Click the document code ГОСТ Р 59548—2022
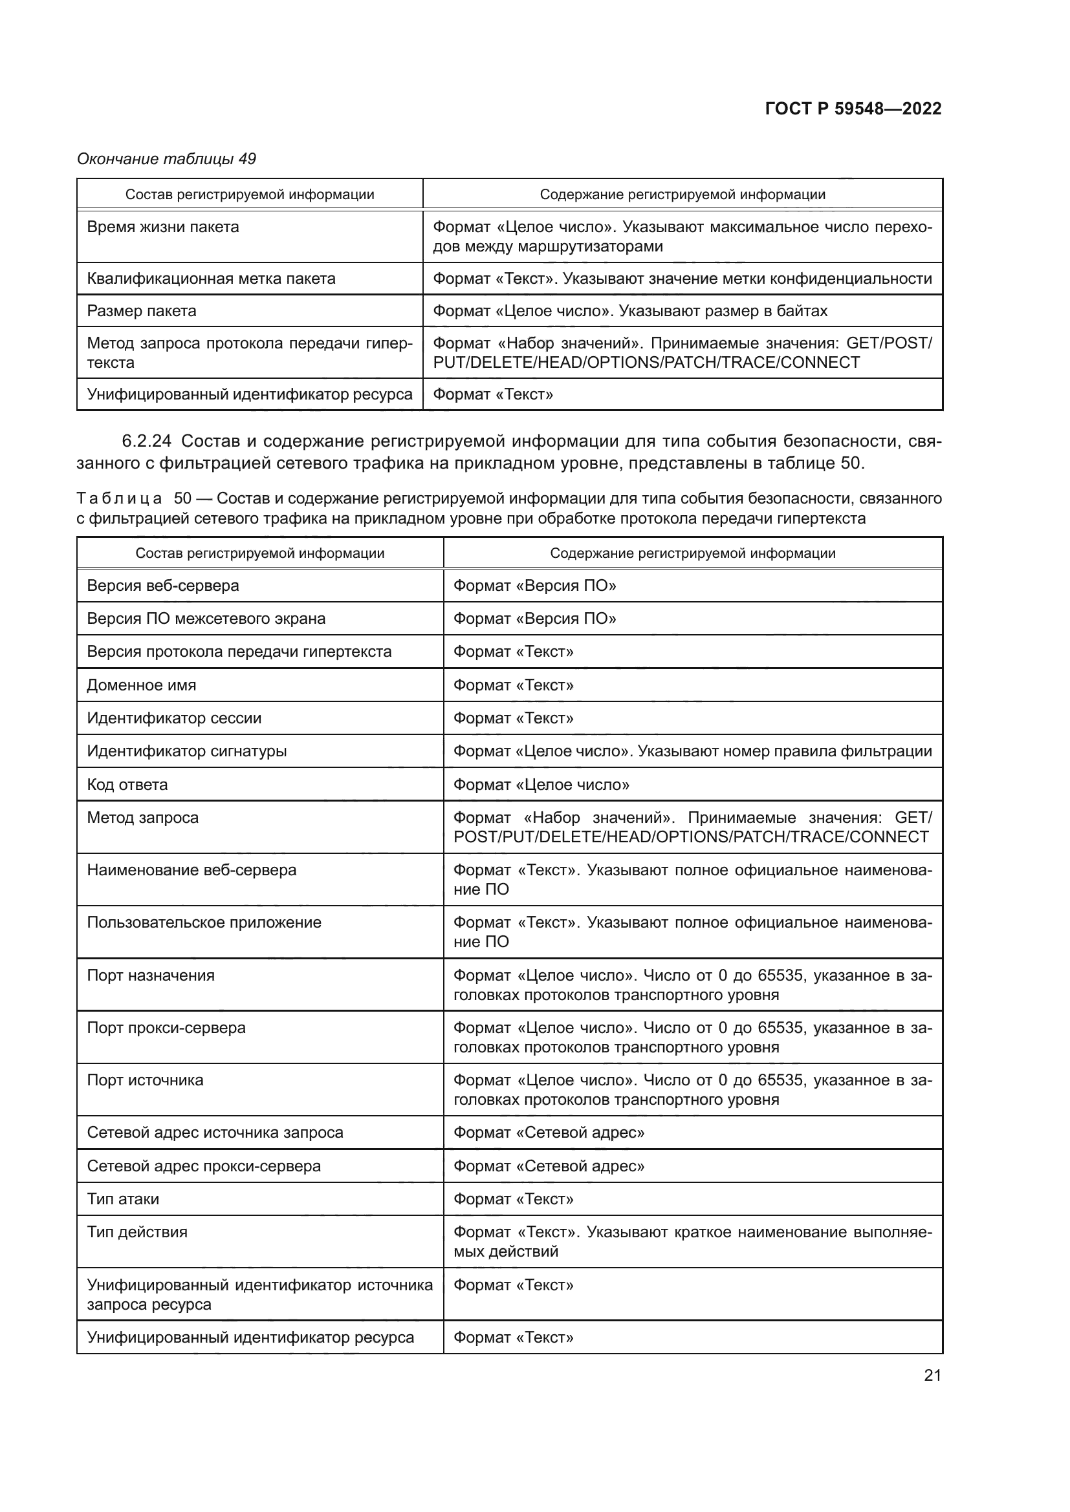(853, 109)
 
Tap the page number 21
(932, 1375)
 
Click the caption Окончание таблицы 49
(166, 159)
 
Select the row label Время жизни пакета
(163, 227)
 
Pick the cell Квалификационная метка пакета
(211, 279)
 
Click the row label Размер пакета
(142, 311)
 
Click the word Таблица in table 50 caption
(119, 498)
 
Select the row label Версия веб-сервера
(163, 586)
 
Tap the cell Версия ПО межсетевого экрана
(206, 619)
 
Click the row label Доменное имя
(142, 685)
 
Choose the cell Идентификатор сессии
(174, 718)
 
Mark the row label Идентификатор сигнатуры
(186, 751)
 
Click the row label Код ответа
(127, 784)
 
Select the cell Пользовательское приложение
(204, 922)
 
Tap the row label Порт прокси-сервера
(166, 1027)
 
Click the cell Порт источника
(145, 1080)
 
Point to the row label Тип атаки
(123, 1198)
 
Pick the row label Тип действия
(137, 1231)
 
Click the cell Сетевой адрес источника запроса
(215, 1132)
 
